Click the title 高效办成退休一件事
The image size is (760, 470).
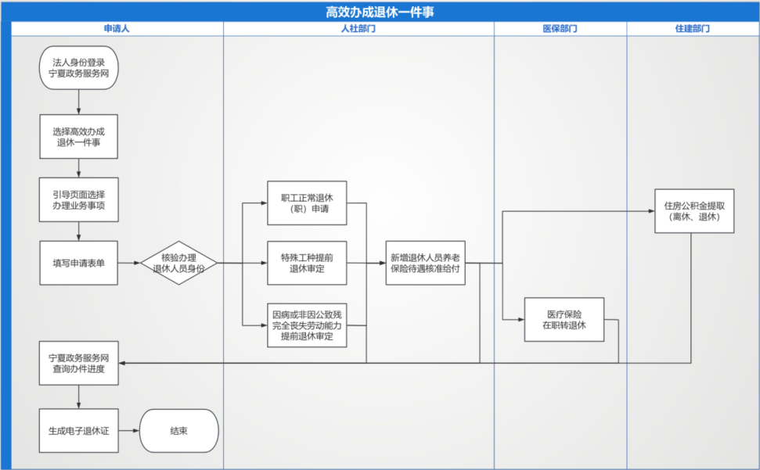coord(380,12)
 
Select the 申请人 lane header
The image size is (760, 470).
coord(117,28)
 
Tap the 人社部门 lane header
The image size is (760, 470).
coord(358,28)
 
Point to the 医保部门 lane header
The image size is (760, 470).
coord(560,28)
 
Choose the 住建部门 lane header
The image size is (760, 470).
coord(692,28)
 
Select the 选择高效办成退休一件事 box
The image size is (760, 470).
coord(79,137)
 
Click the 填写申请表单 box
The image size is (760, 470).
coord(79,263)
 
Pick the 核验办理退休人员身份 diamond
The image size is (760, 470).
coord(178,263)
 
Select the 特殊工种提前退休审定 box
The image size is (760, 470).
coord(307,263)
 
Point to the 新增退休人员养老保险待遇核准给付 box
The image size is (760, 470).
coord(425,263)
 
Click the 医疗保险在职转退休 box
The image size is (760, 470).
coord(564,320)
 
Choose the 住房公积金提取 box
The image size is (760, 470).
coord(694,211)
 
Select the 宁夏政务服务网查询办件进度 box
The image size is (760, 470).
coord(79,363)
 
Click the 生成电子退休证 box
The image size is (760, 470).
coord(79,431)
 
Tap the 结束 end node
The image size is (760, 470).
coord(178,431)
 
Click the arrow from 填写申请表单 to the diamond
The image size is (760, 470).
coord(129,263)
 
